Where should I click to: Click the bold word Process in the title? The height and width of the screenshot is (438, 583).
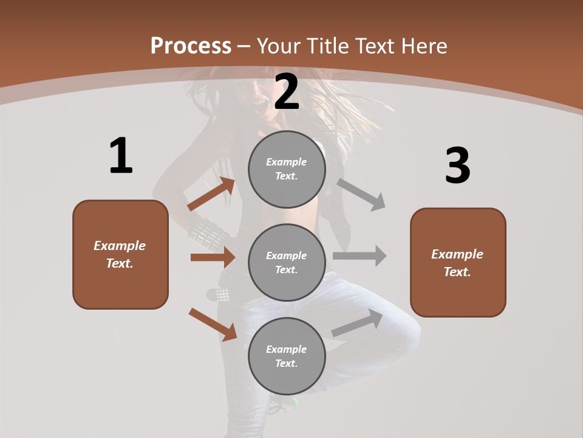click(x=191, y=46)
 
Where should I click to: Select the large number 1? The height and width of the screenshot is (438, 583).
click(x=121, y=156)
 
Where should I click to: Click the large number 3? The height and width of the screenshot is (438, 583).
click(x=457, y=166)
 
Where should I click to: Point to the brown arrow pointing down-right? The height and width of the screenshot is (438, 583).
click(x=213, y=324)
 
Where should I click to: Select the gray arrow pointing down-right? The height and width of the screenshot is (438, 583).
click(x=361, y=195)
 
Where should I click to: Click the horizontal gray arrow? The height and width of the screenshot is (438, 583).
click(x=360, y=256)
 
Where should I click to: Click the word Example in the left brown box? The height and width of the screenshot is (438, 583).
click(x=120, y=246)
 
